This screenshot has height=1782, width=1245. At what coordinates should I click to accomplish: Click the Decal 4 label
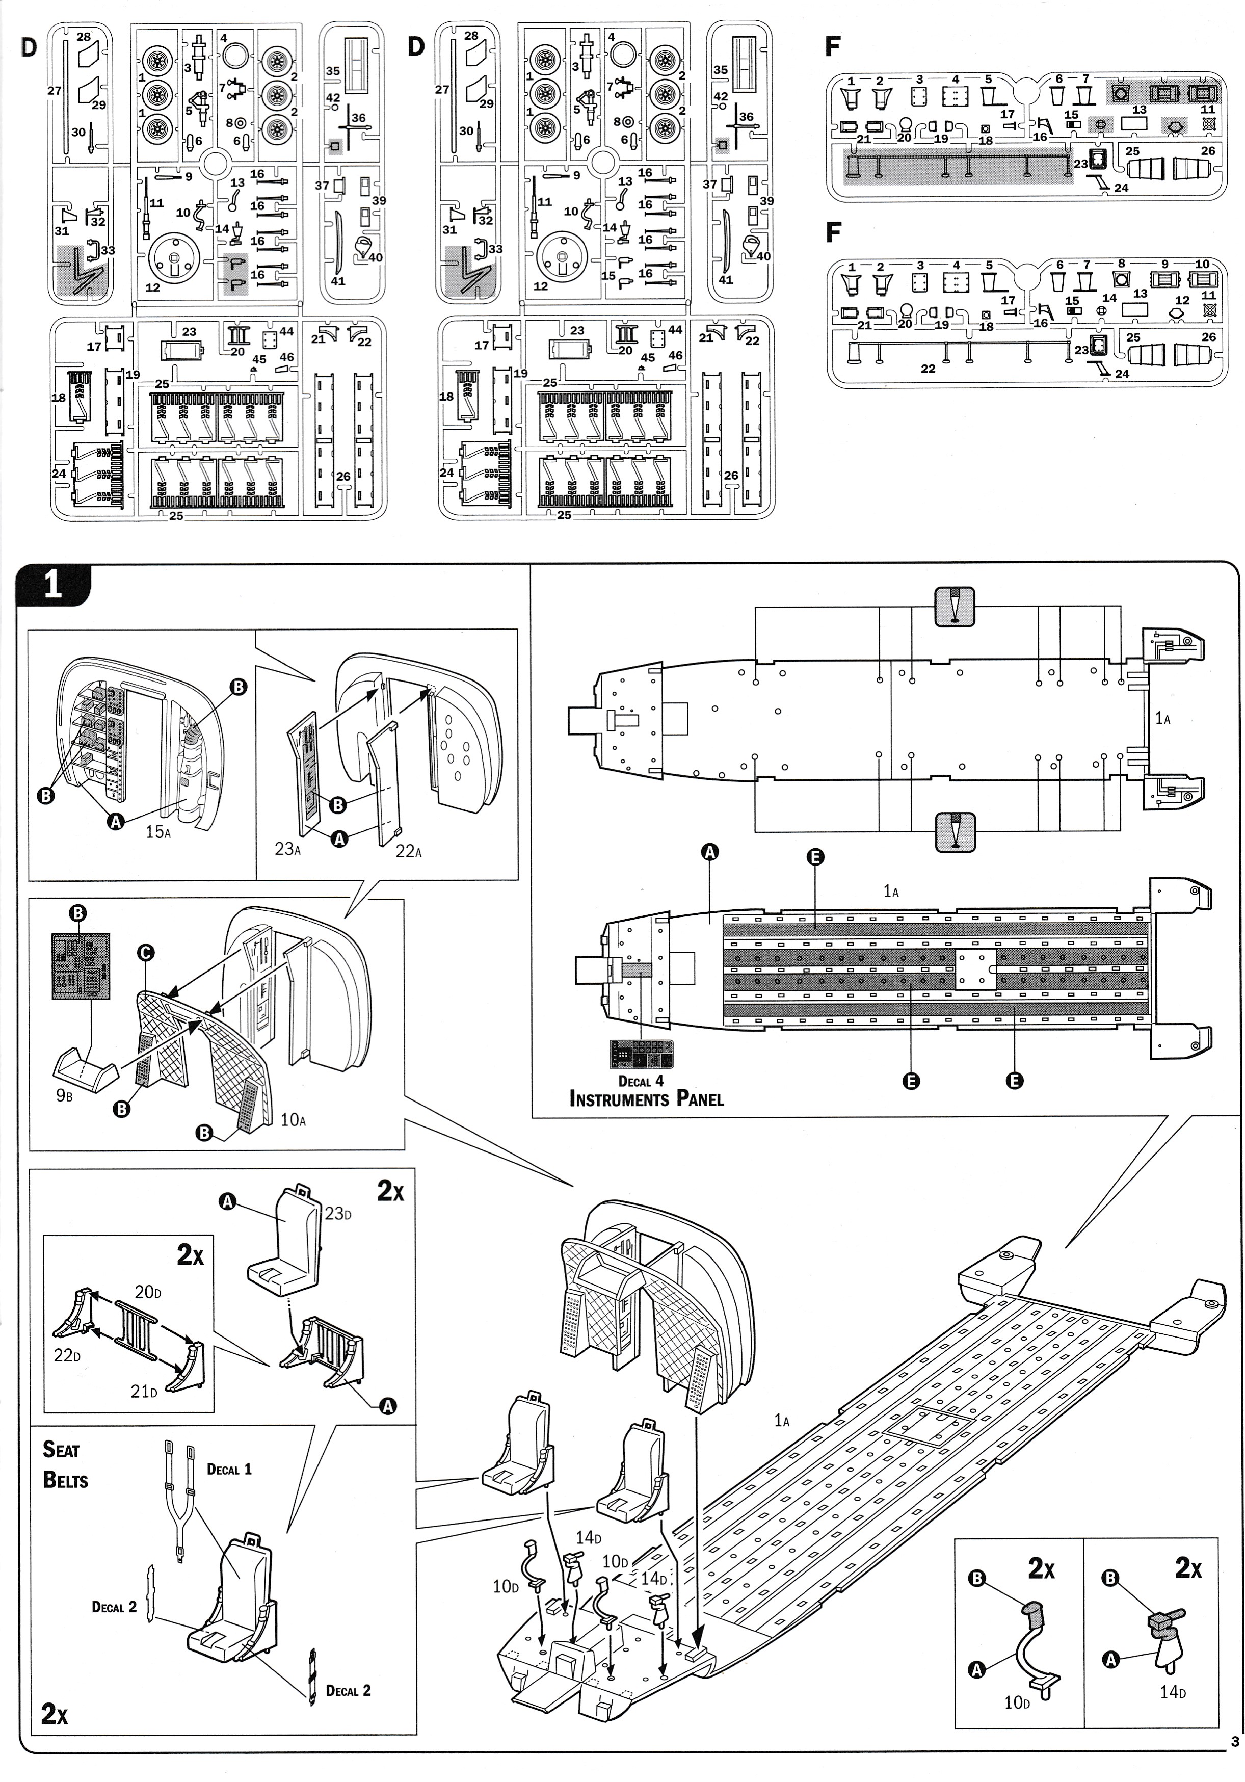[x=641, y=1081]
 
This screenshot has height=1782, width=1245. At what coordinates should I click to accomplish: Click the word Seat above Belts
[x=61, y=1449]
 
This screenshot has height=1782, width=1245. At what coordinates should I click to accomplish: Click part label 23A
[x=287, y=848]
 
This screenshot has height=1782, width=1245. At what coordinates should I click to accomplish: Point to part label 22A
[x=408, y=851]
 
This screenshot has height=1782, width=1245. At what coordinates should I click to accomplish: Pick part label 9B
[x=64, y=1097]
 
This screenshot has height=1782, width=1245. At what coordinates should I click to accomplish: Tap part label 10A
[x=293, y=1119]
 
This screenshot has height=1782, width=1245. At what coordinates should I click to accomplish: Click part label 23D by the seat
[x=338, y=1214]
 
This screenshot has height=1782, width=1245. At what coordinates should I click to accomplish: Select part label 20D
[x=147, y=1292]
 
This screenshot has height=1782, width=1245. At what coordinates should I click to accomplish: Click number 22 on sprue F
[x=928, y=368]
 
